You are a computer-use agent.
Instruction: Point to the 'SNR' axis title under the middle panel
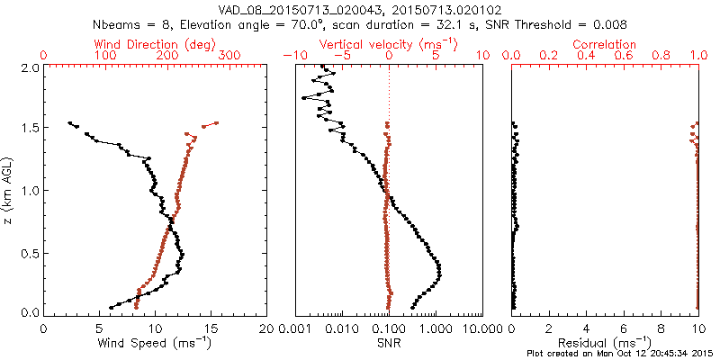[x=389, y=342]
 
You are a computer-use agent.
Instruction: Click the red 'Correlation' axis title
[x=604, y=44]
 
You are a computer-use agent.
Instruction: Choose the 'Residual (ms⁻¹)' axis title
[x=604, y=342]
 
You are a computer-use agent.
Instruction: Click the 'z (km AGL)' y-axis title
[x=9, y=190]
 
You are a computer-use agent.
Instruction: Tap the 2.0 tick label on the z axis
[x=28, y=67]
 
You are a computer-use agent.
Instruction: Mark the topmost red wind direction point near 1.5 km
[x=217, y=123]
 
